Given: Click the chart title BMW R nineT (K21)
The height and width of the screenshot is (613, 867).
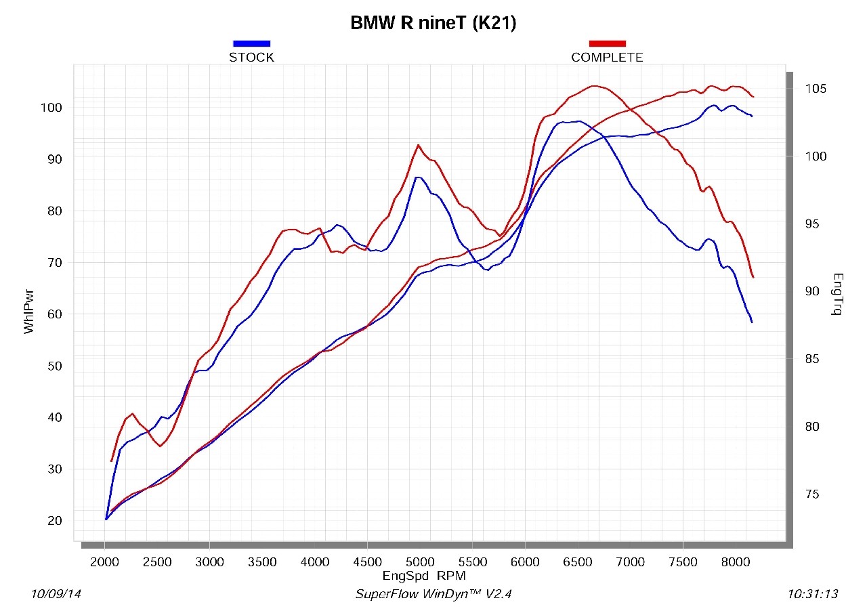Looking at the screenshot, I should point(433,23).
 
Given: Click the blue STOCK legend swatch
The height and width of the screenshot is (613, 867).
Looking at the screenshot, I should point(251,43).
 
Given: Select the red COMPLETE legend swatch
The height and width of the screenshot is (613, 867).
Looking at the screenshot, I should point(607,43).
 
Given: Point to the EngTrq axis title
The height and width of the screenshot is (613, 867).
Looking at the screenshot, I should point(838,295).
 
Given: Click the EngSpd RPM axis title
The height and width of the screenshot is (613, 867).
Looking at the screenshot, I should point(424,576).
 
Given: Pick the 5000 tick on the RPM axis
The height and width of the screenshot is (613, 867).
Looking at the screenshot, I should point(420,562).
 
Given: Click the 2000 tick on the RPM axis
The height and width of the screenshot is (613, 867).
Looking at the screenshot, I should point(105,562).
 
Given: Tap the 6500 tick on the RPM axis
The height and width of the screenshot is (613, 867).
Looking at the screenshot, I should point(578,562).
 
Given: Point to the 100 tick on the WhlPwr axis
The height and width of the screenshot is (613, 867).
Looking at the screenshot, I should point(51,108).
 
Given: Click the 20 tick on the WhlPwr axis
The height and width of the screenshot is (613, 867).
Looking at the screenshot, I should point(54,521).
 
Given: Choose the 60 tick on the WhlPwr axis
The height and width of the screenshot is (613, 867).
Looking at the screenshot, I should point(54,314).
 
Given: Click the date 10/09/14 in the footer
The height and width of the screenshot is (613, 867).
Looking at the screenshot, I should point(56,594).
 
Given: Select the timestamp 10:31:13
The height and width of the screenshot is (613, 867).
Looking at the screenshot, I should point(813,594).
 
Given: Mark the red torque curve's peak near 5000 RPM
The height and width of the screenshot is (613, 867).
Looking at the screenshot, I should point(419,145).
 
